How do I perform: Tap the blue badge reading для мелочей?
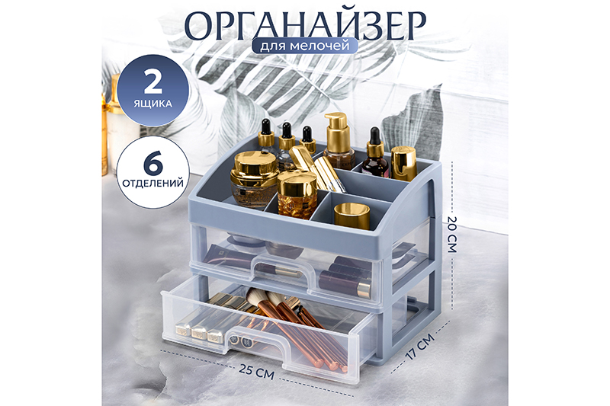[304, 46]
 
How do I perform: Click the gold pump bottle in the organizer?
[338, 141]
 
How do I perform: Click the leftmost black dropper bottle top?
[267, 133]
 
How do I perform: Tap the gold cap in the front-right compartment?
[352, 214]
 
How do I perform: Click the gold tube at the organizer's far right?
[403, 163]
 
